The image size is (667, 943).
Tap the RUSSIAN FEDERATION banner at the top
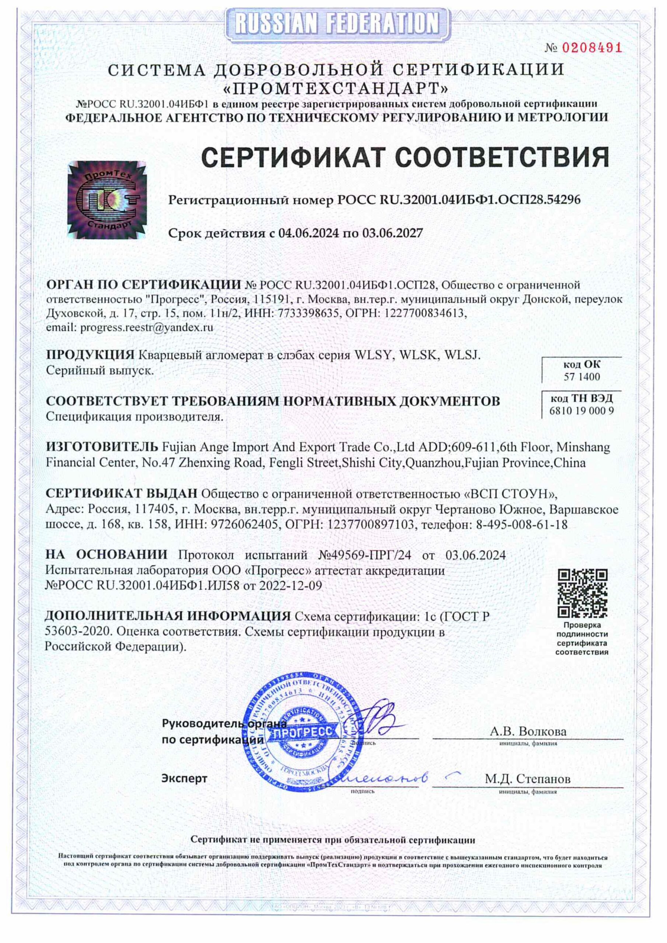[333, 20]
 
